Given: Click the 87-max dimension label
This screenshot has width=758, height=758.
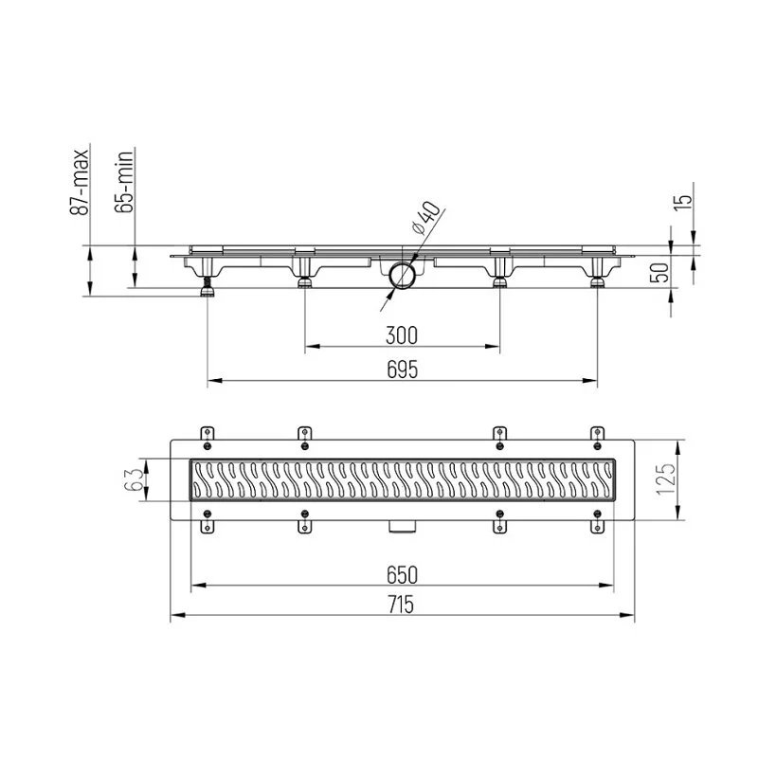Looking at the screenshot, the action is (80, 182).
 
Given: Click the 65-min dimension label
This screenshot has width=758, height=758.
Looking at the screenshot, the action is (124, 181).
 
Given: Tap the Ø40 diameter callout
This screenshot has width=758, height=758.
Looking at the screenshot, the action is (425, 218).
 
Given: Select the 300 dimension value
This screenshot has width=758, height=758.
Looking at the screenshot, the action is (402, 335).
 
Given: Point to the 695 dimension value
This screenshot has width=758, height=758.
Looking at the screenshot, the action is (402, 370).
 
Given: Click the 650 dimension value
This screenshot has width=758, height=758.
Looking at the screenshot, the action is (402, 575).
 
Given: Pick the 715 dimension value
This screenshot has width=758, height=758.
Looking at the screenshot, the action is (401, 605).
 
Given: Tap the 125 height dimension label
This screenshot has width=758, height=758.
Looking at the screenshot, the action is (665, 479).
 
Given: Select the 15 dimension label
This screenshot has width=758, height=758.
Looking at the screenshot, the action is (683, 202).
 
